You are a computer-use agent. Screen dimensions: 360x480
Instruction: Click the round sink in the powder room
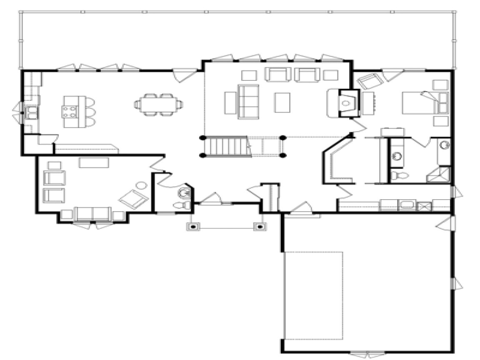tap(184, 193)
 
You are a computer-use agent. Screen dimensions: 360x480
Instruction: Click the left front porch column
tap(193, 227)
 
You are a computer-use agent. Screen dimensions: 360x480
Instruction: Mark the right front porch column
tap(260, 227)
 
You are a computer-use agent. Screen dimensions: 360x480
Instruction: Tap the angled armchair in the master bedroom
tap(367, 81)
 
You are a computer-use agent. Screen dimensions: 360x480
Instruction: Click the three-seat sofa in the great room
tap(248, 102)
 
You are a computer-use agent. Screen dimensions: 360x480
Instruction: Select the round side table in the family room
tap(142, 185)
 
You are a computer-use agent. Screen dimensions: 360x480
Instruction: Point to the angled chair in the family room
tap(133, 198)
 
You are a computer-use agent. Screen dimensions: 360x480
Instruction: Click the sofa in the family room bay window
tap(92, 213)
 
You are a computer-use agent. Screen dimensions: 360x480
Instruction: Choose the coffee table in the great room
tap(282, 102)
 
